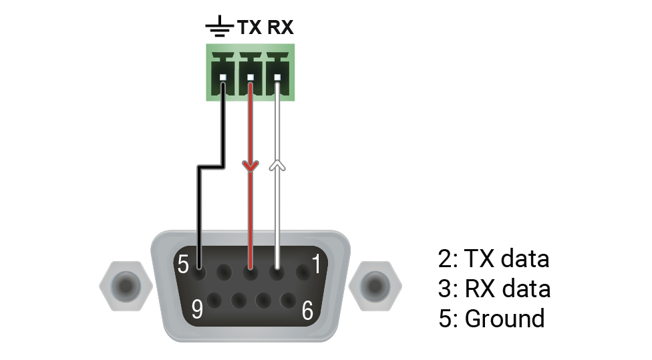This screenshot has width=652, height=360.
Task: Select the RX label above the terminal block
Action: click(280, 28)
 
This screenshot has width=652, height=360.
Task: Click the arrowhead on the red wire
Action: click(251, 165)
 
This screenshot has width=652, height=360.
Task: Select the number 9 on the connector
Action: click(198, 308)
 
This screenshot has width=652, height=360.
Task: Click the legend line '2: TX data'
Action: click(493, 258)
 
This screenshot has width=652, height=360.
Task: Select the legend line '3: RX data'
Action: click(494, 289)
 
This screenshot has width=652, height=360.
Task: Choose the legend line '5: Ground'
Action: click(491, 318)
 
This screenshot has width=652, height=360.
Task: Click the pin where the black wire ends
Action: click(198, 271)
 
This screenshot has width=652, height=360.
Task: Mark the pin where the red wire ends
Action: click(251, 271)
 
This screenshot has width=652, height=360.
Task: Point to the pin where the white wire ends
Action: click(277, 271)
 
